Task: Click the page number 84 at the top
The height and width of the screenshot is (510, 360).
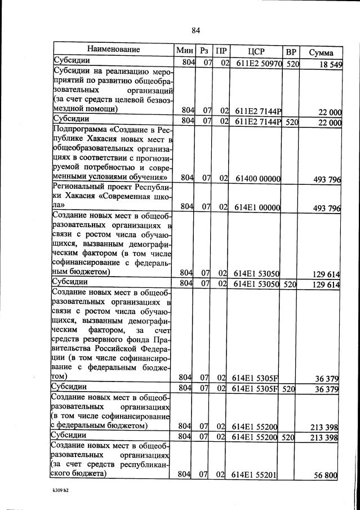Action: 195,30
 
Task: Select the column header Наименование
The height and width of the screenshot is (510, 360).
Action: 113,50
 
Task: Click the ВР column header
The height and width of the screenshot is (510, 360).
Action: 291,51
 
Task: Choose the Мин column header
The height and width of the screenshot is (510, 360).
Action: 185,50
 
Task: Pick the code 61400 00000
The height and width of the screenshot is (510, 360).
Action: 257,179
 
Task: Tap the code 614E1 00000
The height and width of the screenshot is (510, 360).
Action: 257,207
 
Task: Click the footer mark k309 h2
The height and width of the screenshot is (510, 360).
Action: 59,490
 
